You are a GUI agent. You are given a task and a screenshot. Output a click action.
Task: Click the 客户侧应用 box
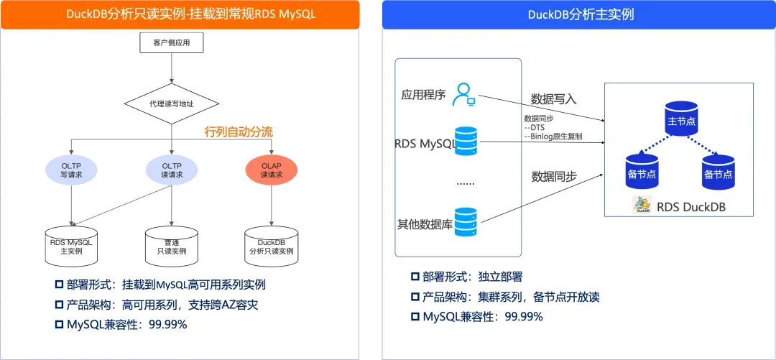click(171, 44)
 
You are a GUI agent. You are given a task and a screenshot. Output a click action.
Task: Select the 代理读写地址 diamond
click(171, 104)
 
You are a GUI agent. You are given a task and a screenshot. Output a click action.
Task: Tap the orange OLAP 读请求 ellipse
click(271, 170)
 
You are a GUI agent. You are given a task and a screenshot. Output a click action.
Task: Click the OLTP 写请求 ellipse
click(71, 170)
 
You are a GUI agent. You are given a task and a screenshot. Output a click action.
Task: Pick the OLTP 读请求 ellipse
click(171, 170)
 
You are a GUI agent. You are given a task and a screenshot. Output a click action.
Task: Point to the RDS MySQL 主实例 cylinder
click(71, 245)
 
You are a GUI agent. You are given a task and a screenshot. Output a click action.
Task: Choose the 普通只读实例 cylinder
click(171, 245)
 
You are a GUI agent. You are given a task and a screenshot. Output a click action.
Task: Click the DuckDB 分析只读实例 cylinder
click(271, 245)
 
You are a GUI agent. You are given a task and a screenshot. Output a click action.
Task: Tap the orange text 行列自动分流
click(239, 131)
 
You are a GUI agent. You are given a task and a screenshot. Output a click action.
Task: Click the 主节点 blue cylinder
click(681, 118)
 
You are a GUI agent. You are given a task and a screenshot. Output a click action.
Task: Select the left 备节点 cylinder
click(643, 171)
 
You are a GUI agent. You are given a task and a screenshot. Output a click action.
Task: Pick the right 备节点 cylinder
click(719, 171)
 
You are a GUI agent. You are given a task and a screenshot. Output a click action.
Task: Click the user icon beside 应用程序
click(464, 95)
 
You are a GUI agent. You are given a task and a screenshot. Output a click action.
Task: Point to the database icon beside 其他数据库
click(466, 222)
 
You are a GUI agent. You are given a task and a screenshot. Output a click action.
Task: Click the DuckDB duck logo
click(642, 205)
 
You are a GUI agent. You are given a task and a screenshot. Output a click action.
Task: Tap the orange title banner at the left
click(180, 14)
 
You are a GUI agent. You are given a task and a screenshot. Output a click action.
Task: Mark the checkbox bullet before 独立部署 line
click(415, 277)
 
